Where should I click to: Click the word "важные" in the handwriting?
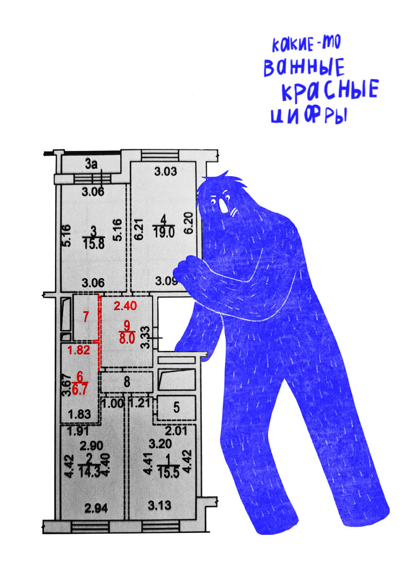(304, 67)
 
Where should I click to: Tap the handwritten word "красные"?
(330, 90)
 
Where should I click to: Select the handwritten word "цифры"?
(309, 115)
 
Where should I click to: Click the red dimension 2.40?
(125, 306)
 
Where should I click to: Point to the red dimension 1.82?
(79, 350)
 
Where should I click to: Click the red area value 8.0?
(126, 339)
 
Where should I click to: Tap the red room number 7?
(86, 317)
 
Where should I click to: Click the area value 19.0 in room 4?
(163, 232)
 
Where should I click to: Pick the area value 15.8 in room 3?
(94, 244)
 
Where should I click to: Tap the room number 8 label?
(126, 382)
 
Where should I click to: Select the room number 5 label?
(177, 407)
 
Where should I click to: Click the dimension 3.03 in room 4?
(165, 171)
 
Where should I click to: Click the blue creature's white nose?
(223, 206)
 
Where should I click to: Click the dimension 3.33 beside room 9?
(146, 337)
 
